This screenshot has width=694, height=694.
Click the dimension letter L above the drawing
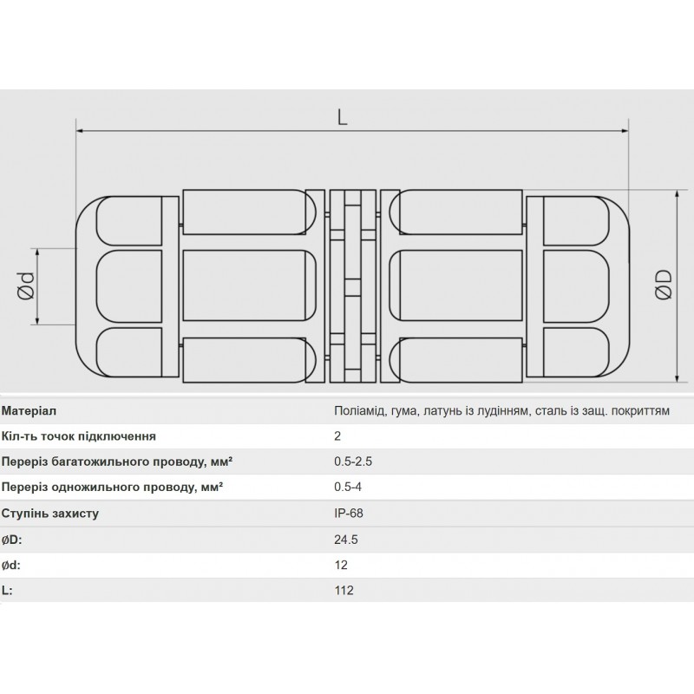point(343,117)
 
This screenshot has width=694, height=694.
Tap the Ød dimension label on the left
point(25,285)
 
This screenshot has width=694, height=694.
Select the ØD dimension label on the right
point(664,285)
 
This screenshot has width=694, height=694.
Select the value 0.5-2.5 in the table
point(353,462)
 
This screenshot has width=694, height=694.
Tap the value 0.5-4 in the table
point(349,488)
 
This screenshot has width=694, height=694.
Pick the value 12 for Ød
point(340,565)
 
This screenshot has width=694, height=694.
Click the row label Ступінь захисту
point(50,513)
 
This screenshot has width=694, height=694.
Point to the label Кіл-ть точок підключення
point(79,436)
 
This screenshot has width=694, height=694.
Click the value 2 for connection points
point(337,436)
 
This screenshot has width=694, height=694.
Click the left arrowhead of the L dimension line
point(82,132)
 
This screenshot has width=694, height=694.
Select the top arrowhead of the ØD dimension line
point(678,194)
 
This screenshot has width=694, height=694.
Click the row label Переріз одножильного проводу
point(112,488)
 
